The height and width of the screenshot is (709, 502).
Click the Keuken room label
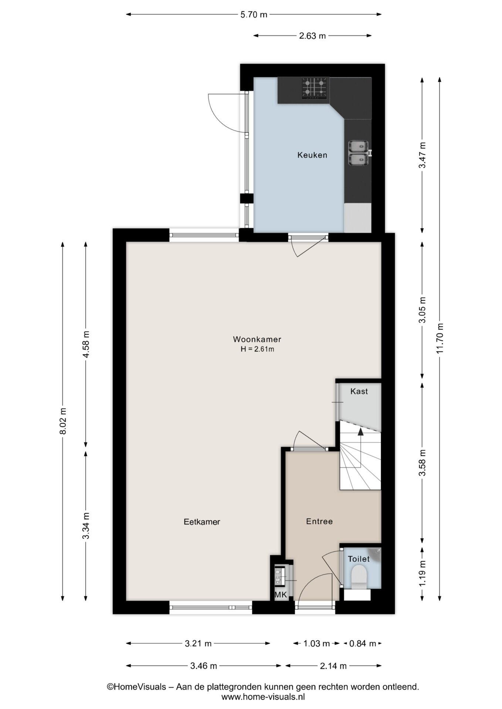[x=312, y=155]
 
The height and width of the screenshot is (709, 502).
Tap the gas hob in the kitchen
[x=315, y=88]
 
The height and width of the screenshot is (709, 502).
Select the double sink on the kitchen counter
[x=358, y=153]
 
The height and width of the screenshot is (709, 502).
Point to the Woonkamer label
[x=257, y=339]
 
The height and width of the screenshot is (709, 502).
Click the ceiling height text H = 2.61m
[x=257, y=349]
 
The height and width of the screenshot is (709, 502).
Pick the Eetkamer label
[x=202, y=522]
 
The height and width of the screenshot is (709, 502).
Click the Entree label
[x=319, y=521]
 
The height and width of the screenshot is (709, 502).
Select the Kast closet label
[x=359, y=391]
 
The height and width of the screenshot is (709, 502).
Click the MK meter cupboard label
[x=281, y=595]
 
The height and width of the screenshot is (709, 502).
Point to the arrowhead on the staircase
[x=360, y=432]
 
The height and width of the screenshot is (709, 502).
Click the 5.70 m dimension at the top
[x=254, y=15]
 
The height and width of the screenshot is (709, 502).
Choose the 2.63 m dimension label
[x=312, y=36]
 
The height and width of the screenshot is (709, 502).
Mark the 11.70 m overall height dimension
[x=440, y=338]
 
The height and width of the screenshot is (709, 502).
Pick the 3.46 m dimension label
[x=204, y=666]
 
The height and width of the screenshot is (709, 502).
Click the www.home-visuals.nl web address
[x=263, y=697]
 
